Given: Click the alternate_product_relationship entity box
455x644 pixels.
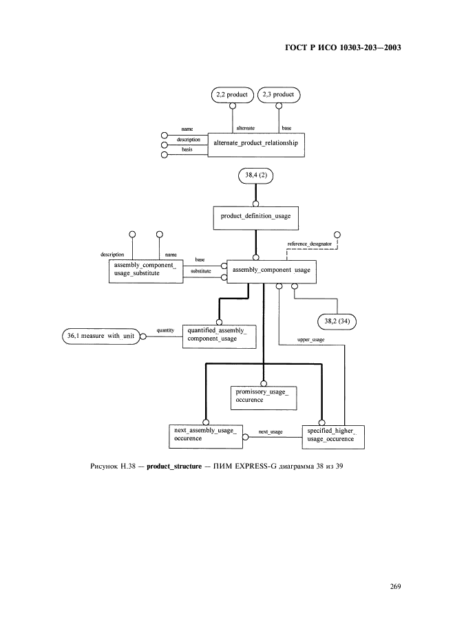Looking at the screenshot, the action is pyautogui.click(x=256, y=145).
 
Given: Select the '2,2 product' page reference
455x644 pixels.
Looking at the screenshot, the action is pyautogui.click(x=232, y=95).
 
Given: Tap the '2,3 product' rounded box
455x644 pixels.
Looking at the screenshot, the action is pyautogui.click(x=279, y=95).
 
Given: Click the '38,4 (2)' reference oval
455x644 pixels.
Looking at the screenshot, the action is pyautogui.click(x=255, y=175).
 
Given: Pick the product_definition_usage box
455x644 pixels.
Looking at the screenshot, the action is pyautogui.click(x=255, y=218).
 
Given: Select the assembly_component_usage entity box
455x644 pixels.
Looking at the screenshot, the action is pyautogui.click(x=272, y=272).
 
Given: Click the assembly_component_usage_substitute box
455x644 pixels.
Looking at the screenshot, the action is pyautogui.click(x=146, y=271).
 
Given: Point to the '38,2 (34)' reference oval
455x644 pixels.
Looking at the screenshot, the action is pyautogui.click(x=337, y=321).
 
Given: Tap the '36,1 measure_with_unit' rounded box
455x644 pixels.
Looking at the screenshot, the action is pyautogui.click(x=100, y=336).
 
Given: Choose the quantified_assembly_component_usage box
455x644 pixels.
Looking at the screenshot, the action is pyautogui.click(x=219, y=336).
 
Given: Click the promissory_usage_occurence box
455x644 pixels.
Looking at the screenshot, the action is pyautogui.click(x=264, y=398).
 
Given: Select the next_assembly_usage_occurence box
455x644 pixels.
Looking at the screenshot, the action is pyautogui.click(x=206, y=436).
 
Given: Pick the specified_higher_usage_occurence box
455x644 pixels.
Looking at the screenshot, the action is pyautogui.click(x=333, y=437).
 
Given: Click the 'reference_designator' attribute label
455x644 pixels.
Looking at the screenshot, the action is pyautogui.click(x=310, y=244).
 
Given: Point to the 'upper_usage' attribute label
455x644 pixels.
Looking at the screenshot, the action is pyautogui.click(x=310, y=340).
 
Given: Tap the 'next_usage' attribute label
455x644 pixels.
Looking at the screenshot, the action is pyautogui.click(x=271, y=432).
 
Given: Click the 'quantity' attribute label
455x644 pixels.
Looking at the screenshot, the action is pyautogui.click(x=165, y=331).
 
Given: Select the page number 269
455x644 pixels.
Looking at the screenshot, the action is pyautogui.click(x=395, y=586).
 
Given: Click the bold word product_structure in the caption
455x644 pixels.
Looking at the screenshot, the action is pyautogui.click(x=174, y=466).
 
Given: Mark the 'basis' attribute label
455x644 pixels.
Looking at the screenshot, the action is pyautogui.click(x=187, y=149).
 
